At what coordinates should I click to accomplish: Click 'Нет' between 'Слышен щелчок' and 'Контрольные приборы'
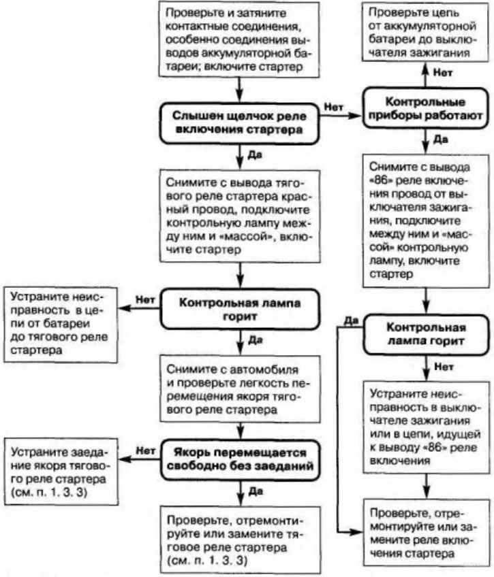[x=334, y=107]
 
